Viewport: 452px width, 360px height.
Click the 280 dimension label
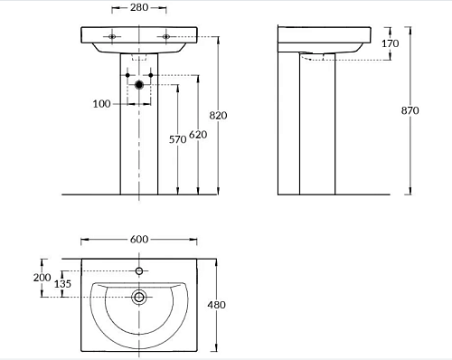139,7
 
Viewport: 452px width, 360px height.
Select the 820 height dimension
218,115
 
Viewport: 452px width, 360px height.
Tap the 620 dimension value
198,135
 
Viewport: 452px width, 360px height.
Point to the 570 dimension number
177,139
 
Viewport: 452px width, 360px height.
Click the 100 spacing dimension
101,104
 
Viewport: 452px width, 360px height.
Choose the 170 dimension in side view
391,43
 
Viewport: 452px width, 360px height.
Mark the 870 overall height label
410,110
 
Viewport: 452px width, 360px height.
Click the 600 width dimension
139,240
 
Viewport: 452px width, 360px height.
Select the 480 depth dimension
216,305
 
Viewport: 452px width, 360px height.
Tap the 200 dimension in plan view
42,278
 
